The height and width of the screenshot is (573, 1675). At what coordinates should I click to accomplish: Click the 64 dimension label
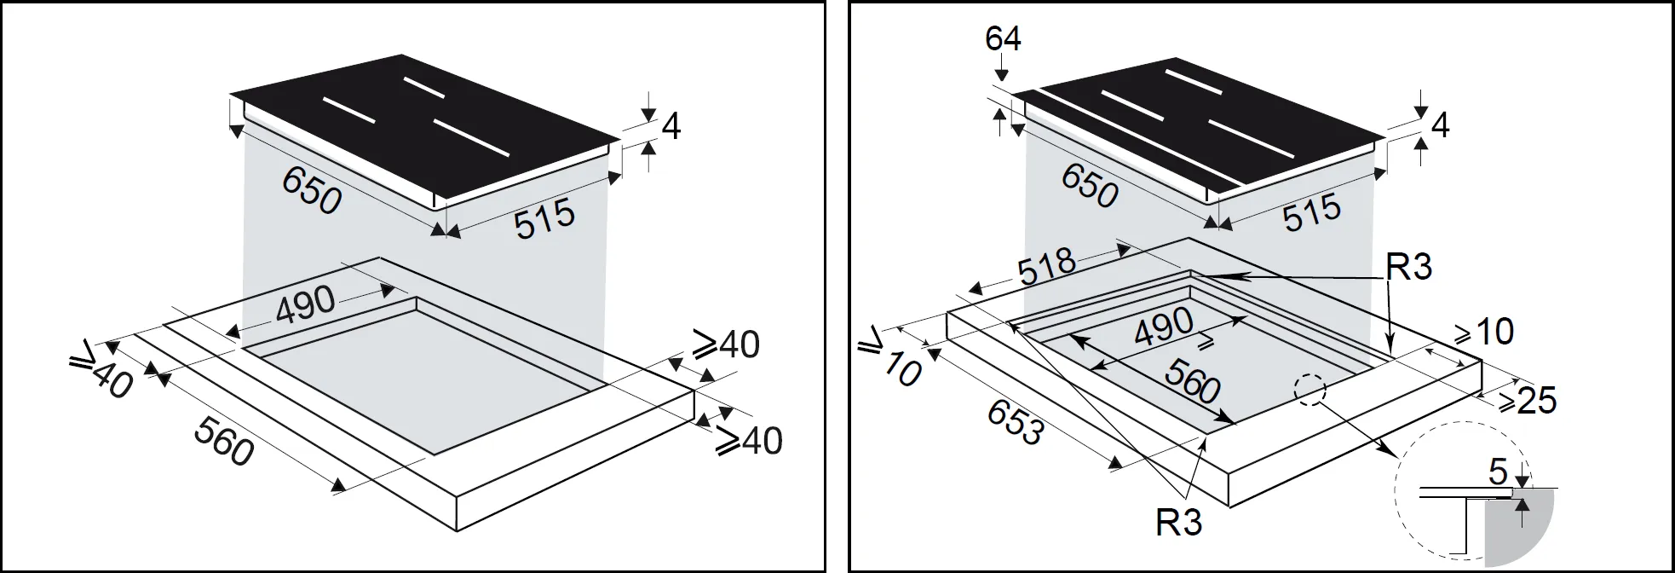[1003, 39]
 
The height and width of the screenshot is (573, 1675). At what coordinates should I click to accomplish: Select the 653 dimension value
[1014, 423]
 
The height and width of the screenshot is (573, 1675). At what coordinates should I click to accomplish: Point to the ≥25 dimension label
[1528, 400]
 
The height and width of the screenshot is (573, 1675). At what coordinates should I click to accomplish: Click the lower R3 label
[1179, 521]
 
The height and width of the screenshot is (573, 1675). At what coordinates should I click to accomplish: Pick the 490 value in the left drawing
[305, 304]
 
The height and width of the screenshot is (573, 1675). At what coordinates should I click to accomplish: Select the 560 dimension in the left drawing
[224, 441]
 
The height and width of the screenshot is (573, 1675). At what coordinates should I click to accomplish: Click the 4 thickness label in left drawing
[671, 128]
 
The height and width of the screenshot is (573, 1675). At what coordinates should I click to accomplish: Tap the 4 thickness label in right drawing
[1440, 126]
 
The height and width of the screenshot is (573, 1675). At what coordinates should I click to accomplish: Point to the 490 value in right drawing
[1163, 325]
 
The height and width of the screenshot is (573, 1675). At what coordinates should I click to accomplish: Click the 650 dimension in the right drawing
[1089, 185]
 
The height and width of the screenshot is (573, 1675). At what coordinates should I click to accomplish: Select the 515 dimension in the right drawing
[1312, 212]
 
